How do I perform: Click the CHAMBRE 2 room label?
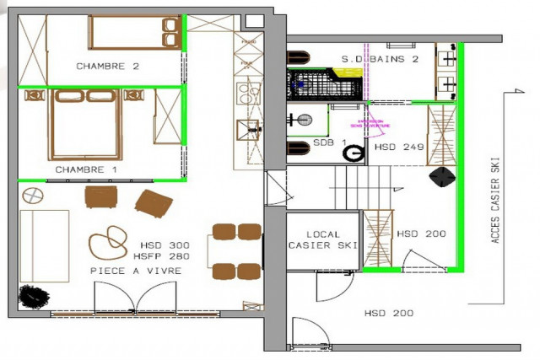(x=107, y=66)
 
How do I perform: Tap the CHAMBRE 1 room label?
(x=85, y=169)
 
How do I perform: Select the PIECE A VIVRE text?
(x=136, y=270)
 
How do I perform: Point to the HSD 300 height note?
(x=165, y=245)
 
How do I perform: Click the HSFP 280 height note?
(x=164, y=256)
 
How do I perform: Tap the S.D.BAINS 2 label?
(x=380, y=59)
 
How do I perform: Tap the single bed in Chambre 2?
(x=135, y=34)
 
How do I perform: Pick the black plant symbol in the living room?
(x=35, y=297)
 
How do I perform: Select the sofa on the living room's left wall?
(x=44, y=245)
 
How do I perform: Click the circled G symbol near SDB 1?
(x=356, y=153)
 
